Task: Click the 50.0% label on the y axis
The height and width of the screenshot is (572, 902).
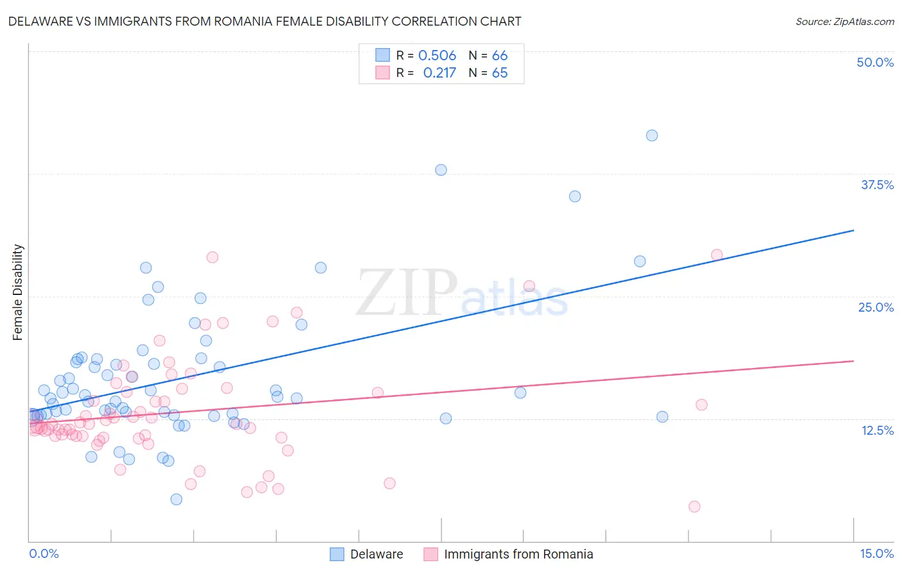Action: click(x=875, y=62)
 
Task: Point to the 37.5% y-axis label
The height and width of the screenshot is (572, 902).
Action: click(x=877, y=185)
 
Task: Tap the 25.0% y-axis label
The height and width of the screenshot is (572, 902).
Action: click(x=876, y=307)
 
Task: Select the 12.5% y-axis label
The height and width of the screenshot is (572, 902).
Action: click(x=877, y=430)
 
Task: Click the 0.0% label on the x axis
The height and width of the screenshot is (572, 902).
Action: click(x=44, y=553)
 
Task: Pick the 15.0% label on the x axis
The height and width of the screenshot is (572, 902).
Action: click(x=876, y=553)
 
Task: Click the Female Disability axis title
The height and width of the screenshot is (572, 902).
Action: click(x=18, y=292)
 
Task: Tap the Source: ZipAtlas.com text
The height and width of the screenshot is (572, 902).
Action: click(x=844, y=21)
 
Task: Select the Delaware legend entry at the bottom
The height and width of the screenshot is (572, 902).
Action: click(x=376, y=554)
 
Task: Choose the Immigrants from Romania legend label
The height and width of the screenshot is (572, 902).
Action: click(x=518, y=554)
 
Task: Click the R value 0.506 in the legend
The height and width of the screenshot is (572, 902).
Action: click(x=437, y=55)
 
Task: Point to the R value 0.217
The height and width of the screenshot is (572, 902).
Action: click(x=439, y=72)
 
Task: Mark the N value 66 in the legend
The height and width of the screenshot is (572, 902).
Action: click(x=500, y=55)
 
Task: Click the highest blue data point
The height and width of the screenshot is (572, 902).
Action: click(x=652, y=135)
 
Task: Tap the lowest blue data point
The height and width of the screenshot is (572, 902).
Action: click(x=176, y=500)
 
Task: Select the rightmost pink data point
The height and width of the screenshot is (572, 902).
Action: click(x=717, y=255)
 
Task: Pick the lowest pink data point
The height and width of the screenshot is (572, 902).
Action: click(x=694, y=507)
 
